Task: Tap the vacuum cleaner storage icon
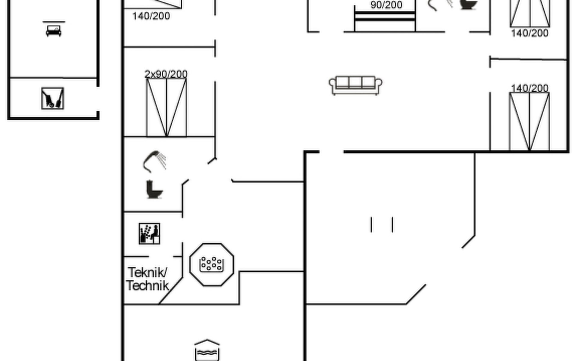click(53, 98)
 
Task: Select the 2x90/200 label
click(166, 74)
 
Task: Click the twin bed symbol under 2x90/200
click(166, 107)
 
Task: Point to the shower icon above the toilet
click(155, 161)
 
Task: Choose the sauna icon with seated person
click(149, 233)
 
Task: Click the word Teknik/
click(148, 273)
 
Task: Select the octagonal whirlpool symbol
click(212, 264)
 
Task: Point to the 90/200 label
click(386, 5)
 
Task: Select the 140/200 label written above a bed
click(530, 88)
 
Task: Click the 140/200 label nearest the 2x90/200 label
click(151, 16)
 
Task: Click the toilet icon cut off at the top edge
click(468, 5)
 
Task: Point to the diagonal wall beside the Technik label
click(171, 291)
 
